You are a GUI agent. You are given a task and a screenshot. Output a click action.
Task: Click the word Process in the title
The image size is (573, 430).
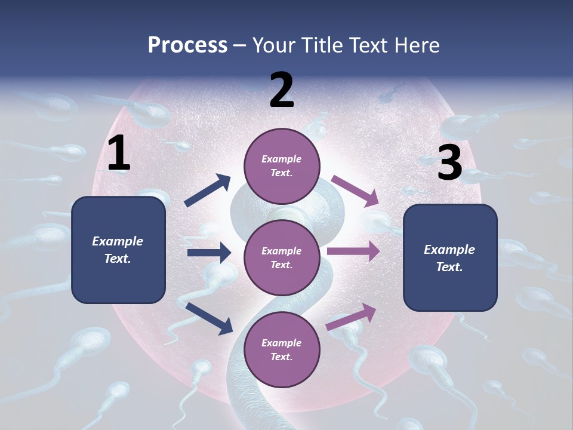(187, 45)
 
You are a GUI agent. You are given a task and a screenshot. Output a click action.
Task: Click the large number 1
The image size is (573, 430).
(119, 154)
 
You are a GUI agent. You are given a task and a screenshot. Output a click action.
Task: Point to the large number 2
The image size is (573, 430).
(282, 90)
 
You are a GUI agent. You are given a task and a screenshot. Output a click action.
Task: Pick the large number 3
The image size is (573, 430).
(449, 163)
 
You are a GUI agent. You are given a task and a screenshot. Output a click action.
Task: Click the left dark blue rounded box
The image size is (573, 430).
(118, 250)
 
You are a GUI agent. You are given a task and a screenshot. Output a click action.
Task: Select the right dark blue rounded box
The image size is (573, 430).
(450, 258)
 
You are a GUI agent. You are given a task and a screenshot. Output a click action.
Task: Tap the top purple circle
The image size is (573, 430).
(281, 166)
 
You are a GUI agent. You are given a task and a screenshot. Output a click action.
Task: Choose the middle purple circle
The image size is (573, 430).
(281, 257)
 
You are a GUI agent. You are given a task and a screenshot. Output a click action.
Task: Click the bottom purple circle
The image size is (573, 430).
(281, 349)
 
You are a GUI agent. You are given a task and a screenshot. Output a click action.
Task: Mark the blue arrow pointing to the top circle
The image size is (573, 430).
(208, 191)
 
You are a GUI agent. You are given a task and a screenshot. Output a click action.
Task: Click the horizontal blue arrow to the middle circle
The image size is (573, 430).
(209, 253)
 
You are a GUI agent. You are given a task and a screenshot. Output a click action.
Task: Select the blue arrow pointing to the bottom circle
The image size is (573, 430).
(209, 318)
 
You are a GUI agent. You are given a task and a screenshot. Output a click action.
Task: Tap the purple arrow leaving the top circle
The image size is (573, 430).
(355, 191)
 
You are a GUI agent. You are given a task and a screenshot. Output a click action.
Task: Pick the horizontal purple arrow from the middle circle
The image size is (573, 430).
(353, 251)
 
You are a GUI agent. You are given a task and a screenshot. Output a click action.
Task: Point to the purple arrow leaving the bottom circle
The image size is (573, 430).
(352, 317)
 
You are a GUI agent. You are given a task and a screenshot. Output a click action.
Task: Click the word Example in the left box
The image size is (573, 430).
(118, 241)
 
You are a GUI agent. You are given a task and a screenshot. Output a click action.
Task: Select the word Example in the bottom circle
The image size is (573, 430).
(281, 343)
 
